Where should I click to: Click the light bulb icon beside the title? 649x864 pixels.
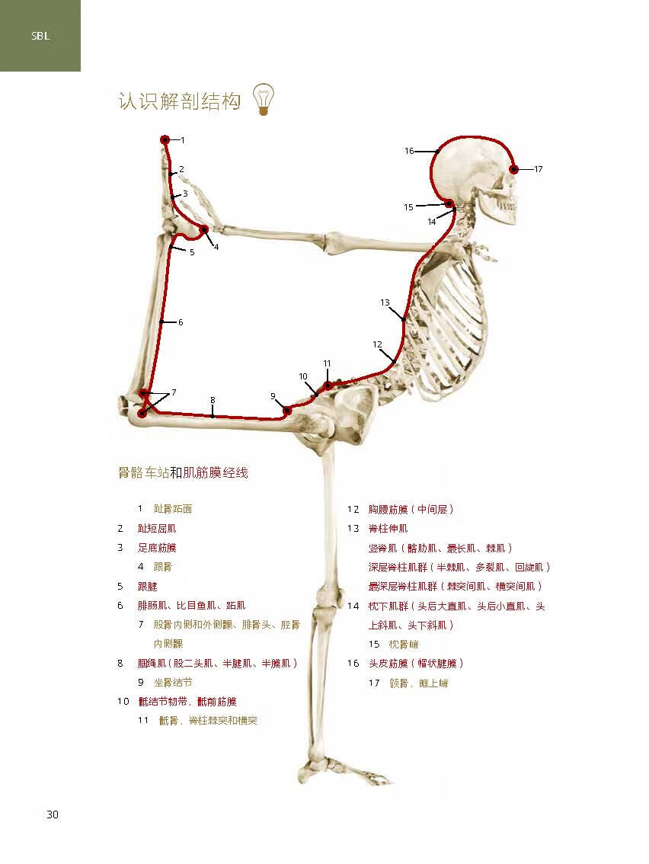click(264, 99)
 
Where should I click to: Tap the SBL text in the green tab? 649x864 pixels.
click(40, 35)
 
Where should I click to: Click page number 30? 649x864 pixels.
click(52, 814)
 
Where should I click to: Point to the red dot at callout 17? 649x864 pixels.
click(514, 169)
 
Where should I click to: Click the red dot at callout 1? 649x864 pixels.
click(165, 139)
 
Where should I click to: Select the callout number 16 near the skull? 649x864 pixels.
click(409, 151)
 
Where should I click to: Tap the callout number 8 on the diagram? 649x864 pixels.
click(213, 400)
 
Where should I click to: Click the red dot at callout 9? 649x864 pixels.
click(287, 411)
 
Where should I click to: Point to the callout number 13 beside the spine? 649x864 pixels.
click(385, 302)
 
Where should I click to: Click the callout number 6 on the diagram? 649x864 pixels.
click(181, 322)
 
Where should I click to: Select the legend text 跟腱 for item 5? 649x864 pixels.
click(147, 587)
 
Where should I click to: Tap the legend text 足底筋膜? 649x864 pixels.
click(157, 548)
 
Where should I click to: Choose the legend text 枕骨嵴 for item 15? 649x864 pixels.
click(403, 644)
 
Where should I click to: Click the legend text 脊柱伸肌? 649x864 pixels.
click(388, 528)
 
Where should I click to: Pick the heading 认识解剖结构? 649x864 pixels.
click(179, 101)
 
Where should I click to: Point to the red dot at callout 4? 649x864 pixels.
click(204, 229)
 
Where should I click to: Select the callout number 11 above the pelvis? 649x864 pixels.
click(327, 363)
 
